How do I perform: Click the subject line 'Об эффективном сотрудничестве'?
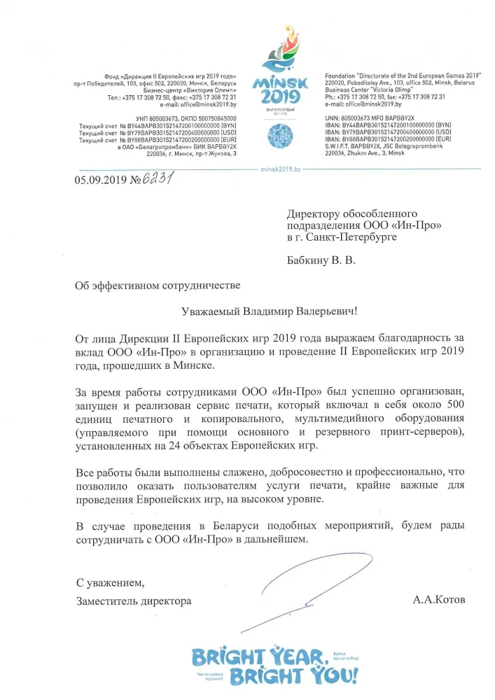click(x=158, y=285)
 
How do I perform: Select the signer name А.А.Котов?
click(x=439, y=601)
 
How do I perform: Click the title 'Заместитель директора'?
click(x=134, y=601)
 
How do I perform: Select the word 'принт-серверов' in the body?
click(x=424, y=433)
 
